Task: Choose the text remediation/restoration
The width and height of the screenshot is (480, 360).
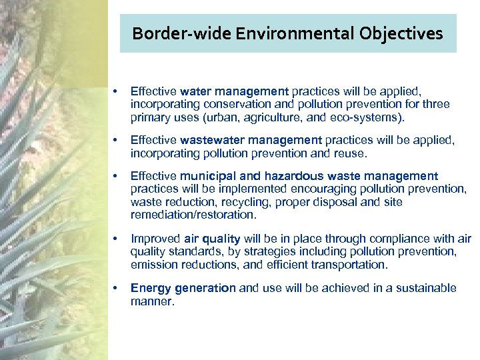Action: (x=193, y=215)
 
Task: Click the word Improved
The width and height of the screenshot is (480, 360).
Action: (x=154, y=239)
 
